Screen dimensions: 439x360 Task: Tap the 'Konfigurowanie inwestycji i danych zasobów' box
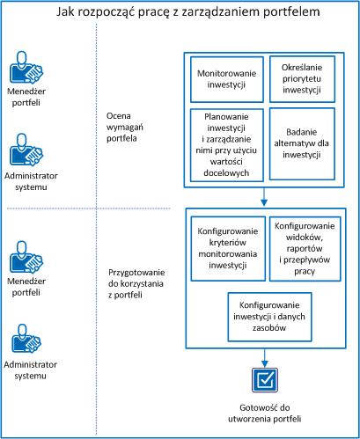coord(265,318)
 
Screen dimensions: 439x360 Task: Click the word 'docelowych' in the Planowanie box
coord(225,172)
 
